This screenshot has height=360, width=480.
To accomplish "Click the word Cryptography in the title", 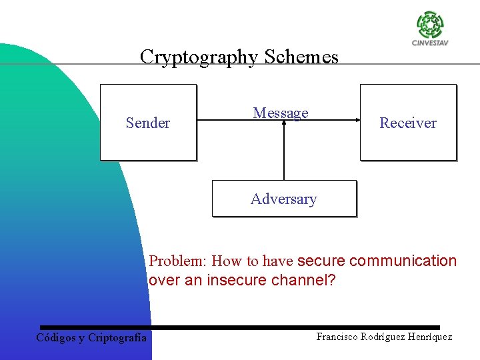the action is coord(199,57).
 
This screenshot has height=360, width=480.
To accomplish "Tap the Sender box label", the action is coord(148,123).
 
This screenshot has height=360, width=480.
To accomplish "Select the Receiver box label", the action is coord(408,123).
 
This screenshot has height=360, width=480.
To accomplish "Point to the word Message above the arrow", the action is coord(281,113).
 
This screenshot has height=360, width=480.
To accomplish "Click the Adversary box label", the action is coord(284,199).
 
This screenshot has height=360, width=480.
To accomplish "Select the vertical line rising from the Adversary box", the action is coord(284,153).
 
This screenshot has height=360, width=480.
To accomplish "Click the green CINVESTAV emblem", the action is coord(430,25).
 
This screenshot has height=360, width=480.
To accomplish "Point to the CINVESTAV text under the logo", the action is coord(430,45).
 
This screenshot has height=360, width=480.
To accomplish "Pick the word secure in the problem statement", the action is coord(321,261).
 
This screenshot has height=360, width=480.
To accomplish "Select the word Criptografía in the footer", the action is coord(117,337).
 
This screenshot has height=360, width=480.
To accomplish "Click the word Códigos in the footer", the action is coord(55,337).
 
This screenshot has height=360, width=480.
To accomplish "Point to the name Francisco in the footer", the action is coord(337,337).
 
